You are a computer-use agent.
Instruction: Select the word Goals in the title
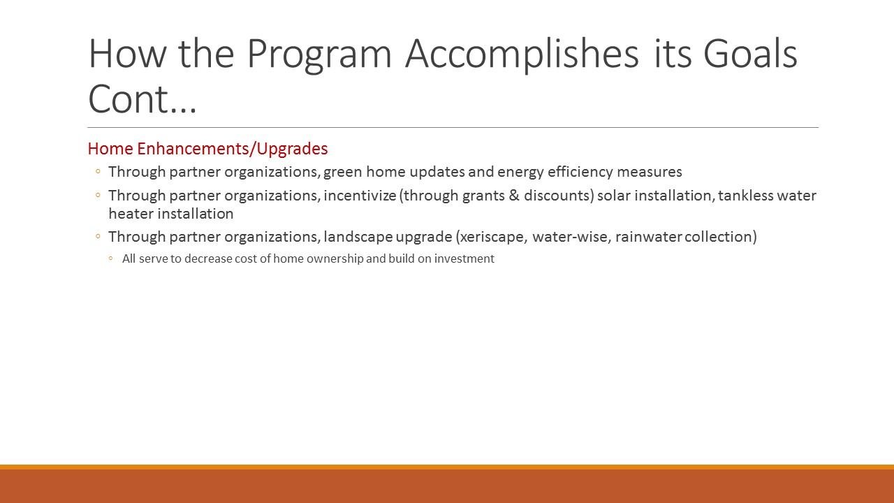(x=750, y=54)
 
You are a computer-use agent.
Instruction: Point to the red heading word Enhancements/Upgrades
(x=233, y=149)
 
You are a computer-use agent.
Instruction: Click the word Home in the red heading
(x=110, y=149)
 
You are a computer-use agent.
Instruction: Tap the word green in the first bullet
(x=343, y=173)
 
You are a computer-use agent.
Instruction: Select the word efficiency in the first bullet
(x=580, y=172)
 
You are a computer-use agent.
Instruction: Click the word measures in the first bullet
(x=650, y=172)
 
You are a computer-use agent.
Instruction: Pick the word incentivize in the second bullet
(x=360, y=196)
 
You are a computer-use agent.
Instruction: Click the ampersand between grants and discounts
(x=514, y=195)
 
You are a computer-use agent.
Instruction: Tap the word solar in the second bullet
(x=614, y=195)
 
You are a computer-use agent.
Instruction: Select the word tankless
(x=746, y=195)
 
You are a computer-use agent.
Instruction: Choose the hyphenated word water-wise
(x=570, y=237)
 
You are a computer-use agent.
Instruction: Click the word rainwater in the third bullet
(x=649, y=237)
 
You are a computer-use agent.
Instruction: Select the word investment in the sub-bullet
(x=464, y=258)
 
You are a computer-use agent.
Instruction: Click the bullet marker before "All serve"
(x=110, y=258)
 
